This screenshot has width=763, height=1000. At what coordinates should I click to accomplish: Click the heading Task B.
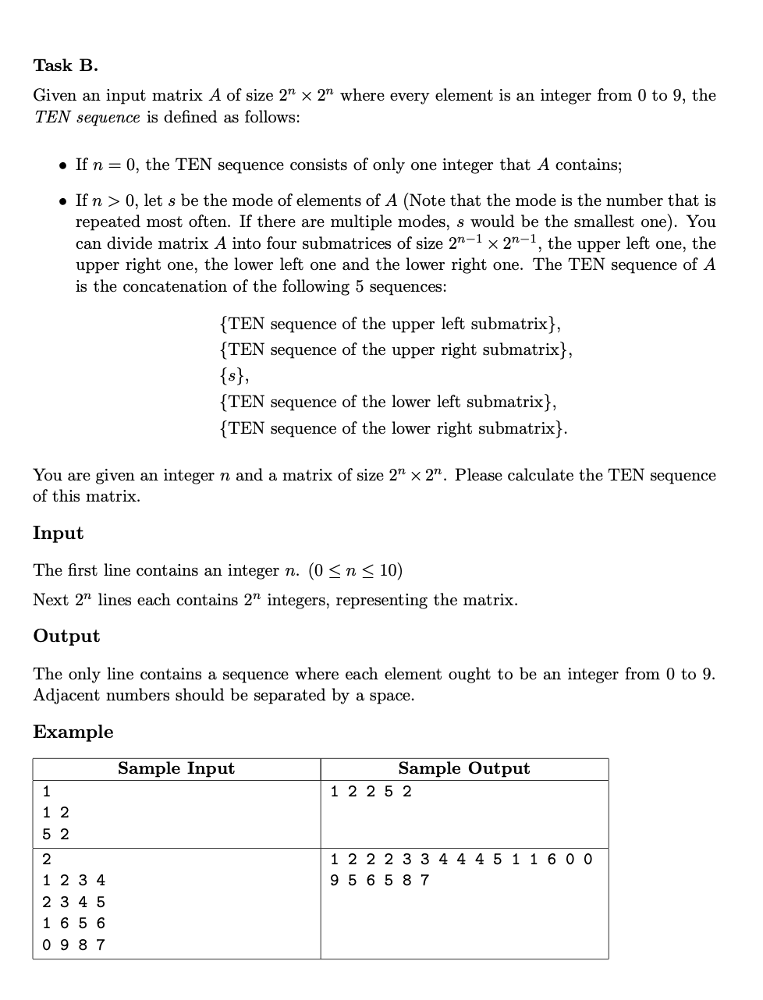click(x=66, y=66)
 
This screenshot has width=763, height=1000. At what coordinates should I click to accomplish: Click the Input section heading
click(x=58, y=534)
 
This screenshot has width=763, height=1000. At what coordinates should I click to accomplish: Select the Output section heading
click(x=66, y=637)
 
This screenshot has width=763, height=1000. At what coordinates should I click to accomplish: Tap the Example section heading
click(x=73, y=732)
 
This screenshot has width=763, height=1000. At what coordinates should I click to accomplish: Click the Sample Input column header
click(x=176, y=769)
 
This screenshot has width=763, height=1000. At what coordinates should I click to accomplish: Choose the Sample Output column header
click(x=463, y=769)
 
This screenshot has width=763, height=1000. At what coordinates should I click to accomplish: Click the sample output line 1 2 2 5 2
click(x=371, y=792)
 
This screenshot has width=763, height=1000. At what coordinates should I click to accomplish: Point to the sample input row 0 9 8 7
click(x=73, y=945)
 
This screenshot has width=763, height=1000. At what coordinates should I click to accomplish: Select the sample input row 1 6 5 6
click(x=73, y=924)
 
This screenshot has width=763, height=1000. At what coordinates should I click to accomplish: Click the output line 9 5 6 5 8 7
click(x=379, y=881)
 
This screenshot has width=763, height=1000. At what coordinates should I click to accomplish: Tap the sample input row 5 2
click(x=55, y=835)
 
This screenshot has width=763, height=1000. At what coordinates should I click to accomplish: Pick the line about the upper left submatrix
click(x=389, y=324)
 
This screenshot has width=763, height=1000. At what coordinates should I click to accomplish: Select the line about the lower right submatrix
click(x=393, y=428)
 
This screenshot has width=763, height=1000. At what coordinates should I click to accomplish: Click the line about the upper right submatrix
click(x=396, y=349)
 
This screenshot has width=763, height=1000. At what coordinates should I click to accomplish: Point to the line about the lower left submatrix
click(x=388, y=402)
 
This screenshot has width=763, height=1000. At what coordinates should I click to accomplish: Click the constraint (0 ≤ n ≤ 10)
click(x=356, y=571)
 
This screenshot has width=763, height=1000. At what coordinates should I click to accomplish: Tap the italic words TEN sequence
click(x=87, y=118)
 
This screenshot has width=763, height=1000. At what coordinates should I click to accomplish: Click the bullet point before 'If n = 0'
click(x=62, y=166)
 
